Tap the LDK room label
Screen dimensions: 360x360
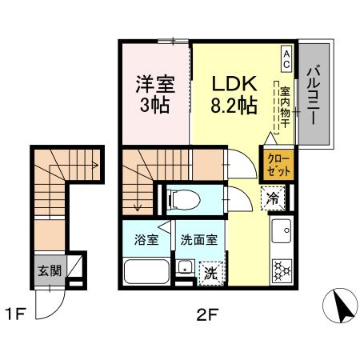[x=234, y=84]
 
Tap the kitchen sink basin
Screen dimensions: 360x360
[x=282, y=233]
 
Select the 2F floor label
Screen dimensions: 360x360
[x=206, y=314]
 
